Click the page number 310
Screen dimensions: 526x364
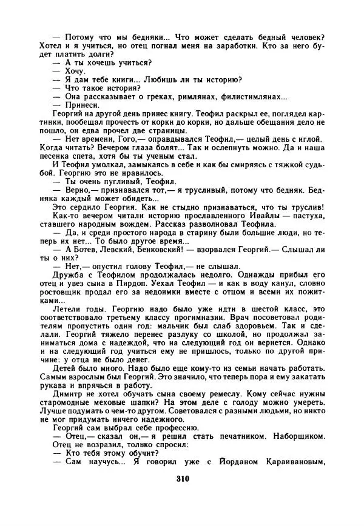pyautogui.click(x=182, y=478)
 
